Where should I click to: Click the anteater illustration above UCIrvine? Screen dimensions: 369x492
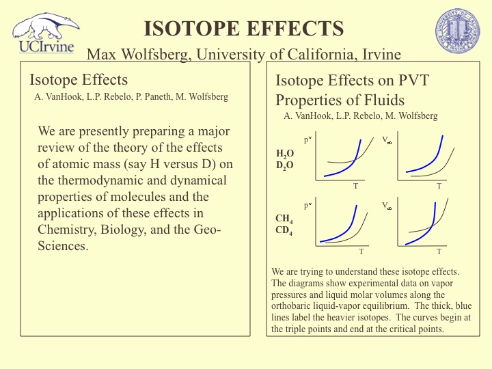point(45,26)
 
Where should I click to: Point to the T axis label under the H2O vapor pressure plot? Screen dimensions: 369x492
point(355,186)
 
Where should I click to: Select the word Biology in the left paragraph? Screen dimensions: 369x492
point(134,229)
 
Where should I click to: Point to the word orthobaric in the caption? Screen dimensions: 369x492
point(295,305)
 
